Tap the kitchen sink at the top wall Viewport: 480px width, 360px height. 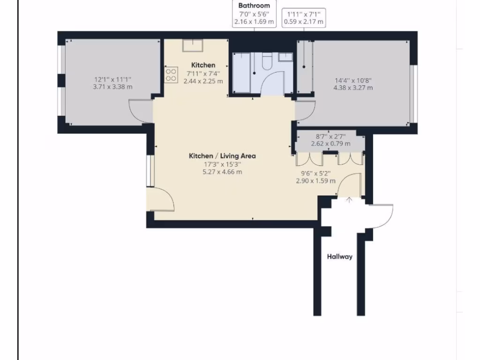[192, 45]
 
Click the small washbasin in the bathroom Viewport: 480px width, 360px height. [285, 57]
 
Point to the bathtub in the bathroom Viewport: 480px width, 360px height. [242, 73]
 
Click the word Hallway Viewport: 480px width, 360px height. [339, 256]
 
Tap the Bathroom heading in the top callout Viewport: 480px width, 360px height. [254, 6]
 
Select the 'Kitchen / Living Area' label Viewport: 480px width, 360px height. [222, 156]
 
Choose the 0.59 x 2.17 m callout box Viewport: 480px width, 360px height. [303, 18]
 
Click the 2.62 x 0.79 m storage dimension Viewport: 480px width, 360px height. [330, 144]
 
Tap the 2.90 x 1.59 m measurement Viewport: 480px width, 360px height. [315, 180]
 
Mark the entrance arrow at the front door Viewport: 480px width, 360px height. [349, 200]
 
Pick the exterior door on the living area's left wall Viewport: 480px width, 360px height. [162, 199]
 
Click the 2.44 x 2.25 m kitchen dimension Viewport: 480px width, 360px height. [203, 81]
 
